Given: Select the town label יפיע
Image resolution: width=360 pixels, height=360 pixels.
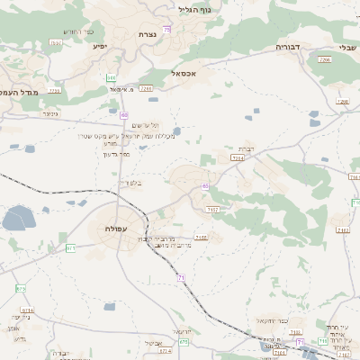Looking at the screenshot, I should click(x=99, y=45).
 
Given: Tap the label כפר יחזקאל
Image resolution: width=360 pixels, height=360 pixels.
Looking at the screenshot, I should click(x=271, y=320).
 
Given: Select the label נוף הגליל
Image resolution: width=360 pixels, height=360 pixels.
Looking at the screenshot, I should click(x=195, y=10).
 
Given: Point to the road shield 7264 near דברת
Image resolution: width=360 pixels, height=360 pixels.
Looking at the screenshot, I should click(x=238, y=157).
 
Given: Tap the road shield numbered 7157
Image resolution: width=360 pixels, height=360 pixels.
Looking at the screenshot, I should click(x=212, y=209).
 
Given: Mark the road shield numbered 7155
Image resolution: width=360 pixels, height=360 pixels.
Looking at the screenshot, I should click(x=201, y=238).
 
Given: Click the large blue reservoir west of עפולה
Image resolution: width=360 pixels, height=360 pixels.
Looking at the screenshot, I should click(x=18, y=218).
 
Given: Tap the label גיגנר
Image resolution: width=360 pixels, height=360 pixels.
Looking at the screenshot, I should click(x=49, y=114).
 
